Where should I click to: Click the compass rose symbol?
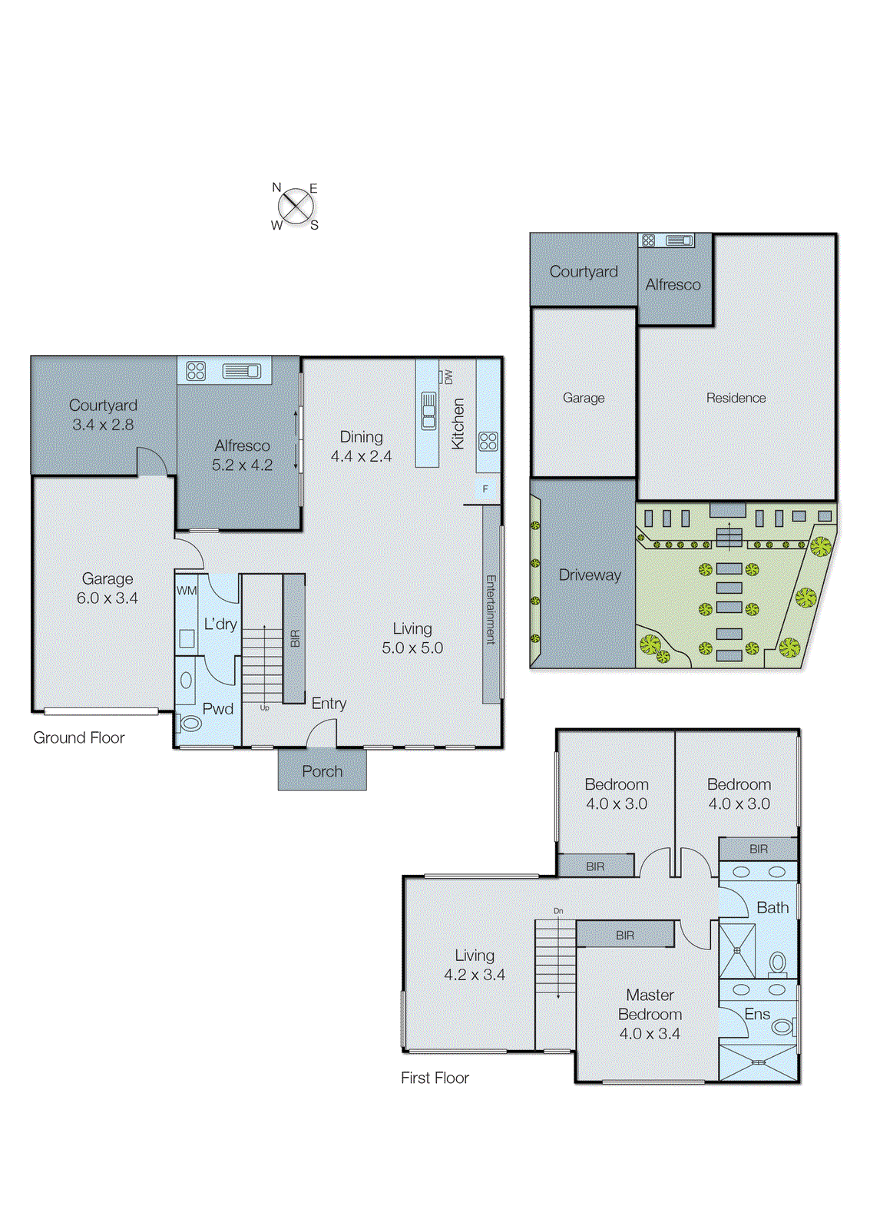[x=295, y=206]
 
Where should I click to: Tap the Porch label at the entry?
[x=322, y=771]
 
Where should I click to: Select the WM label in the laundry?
[x=187, y=591]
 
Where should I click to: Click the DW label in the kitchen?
[x=448, y=377]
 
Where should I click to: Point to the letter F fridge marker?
[x=485, y=489]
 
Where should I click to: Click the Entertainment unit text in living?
[x=491, y=609]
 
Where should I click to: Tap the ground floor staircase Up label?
[x=264, y=707]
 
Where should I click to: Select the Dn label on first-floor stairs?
[x=558, y=911]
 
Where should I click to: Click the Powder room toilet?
[x=190, y=723]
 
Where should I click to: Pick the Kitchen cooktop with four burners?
[x=488, y=441]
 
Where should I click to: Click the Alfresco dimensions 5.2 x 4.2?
[x=242, y=465]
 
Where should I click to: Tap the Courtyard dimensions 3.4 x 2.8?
[x=103, y=424]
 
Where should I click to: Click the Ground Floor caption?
[x=78, y=737]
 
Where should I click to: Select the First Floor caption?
[x=435, y=1078]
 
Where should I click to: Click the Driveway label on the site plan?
[x=590, y=575]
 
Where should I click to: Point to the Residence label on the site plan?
[x=736, y=398]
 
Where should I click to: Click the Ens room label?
[x=757, y=1014]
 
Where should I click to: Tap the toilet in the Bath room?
[x=778, y=962]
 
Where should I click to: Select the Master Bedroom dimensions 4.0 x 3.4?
[x=650, y=1034]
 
